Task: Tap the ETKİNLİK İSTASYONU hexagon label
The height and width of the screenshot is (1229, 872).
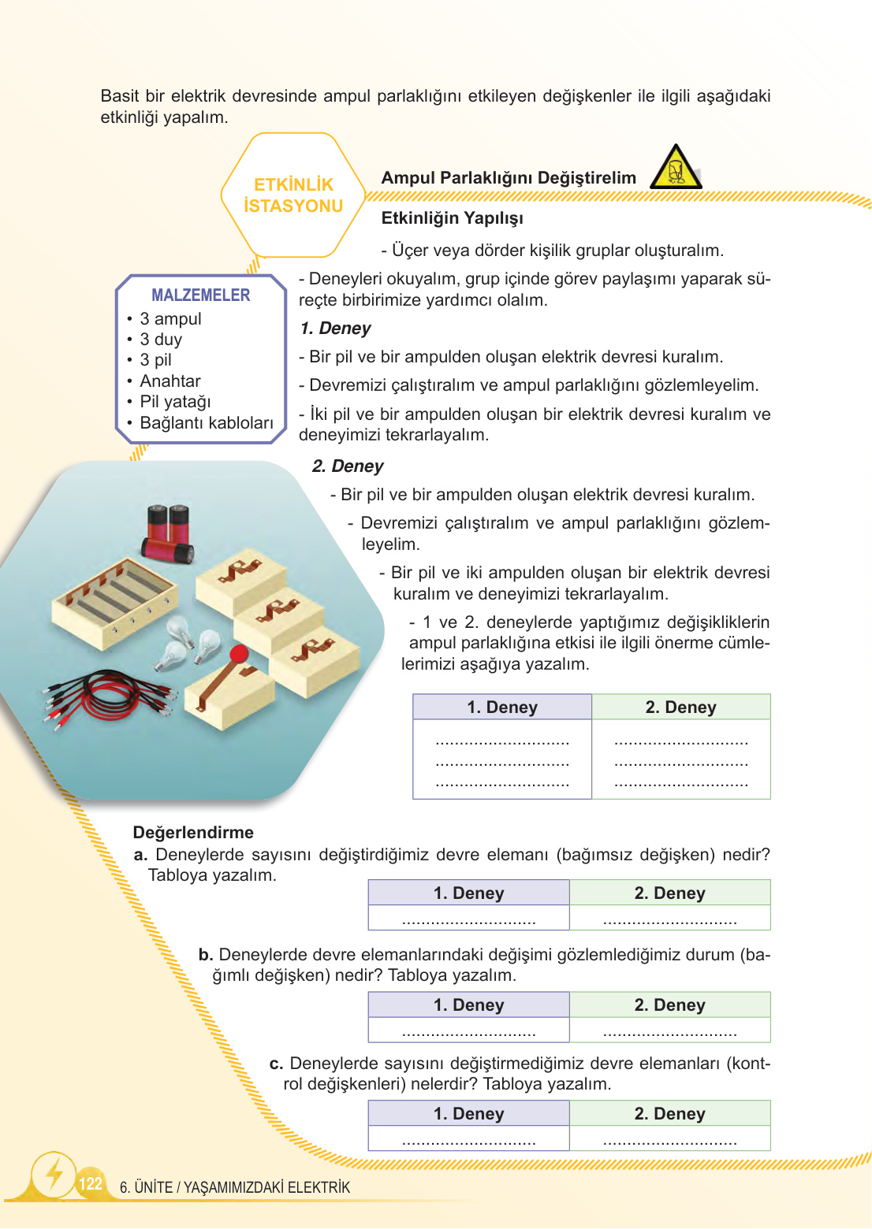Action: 293,195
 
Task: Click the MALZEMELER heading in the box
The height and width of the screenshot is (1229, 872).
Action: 200,295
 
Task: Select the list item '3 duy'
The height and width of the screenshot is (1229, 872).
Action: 161,340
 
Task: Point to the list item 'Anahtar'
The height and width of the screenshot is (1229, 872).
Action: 170,381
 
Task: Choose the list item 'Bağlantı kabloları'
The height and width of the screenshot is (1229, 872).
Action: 207,423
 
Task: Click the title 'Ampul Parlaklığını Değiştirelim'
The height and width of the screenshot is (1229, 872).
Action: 509,178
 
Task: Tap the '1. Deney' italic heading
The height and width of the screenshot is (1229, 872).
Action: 335,329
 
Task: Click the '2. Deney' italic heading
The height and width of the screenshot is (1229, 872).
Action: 348,466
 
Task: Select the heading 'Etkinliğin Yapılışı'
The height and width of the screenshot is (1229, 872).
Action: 452,218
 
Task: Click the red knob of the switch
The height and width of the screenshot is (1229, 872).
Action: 239,654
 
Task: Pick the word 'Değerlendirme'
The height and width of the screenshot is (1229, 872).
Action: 193,833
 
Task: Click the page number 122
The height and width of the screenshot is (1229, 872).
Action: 91,1183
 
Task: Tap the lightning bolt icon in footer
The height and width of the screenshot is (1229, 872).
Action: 54,1175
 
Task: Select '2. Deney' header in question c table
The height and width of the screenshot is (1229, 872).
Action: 669,1114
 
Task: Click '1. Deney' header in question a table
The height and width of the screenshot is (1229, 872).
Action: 468,893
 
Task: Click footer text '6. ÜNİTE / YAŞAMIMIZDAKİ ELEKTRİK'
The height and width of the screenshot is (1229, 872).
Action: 235,1187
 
